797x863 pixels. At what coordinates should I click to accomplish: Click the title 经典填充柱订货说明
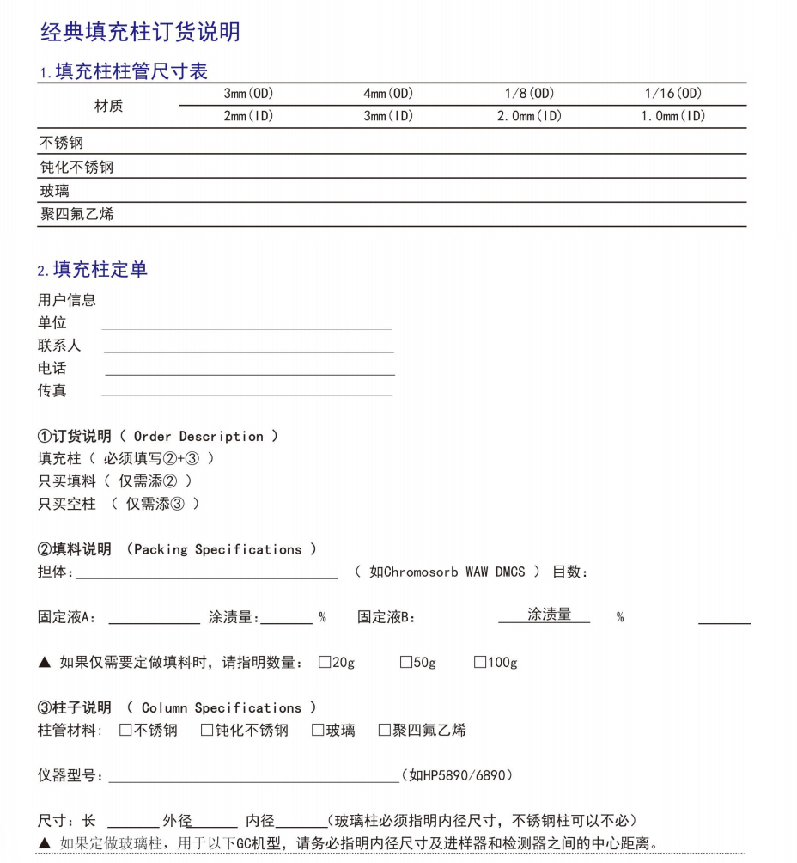pos(140,33)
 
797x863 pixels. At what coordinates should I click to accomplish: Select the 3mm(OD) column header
pos(248,94)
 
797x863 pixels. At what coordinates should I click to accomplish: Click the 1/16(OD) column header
pos(673,94)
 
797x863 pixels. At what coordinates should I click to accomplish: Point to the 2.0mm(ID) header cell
pos(529,116)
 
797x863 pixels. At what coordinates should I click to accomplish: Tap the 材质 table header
pos(108,106)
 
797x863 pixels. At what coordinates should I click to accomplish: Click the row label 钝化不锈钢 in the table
pos(76,167)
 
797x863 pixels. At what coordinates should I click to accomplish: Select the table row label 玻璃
pos(54,191)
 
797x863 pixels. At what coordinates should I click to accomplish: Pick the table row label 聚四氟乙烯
pos(76,214)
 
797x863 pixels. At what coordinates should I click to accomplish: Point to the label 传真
pos(52,390)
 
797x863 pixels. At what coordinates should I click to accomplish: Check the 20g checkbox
pos(325,663)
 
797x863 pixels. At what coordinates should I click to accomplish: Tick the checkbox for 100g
pos(480,663)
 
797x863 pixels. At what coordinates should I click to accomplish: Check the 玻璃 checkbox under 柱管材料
pos(318,731)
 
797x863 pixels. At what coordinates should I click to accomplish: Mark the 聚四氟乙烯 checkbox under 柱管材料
pos(385,731)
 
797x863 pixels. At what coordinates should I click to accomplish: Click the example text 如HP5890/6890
pos(460,776)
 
